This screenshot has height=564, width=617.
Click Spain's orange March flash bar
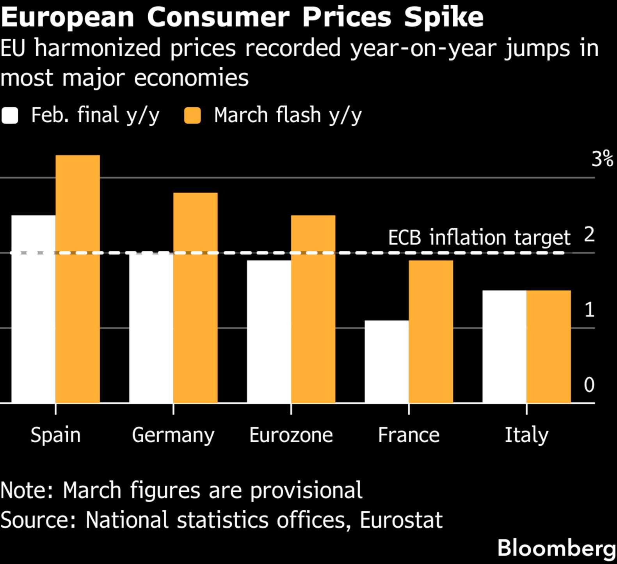point(78,279)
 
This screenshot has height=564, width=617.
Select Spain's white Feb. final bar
point(34,309)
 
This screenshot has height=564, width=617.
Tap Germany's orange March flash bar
point(196,297)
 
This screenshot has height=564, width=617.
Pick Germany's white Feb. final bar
point(151,328)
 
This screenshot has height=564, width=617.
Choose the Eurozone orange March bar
point(313,309)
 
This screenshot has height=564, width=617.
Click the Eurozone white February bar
point(269,331)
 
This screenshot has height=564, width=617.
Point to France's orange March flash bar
point(431,331)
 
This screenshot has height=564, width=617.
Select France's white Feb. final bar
point(387,361)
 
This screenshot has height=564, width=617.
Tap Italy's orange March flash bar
point(548,346)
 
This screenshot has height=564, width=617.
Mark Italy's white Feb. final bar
point(504,346)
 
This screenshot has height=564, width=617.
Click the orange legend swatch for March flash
point(192,116)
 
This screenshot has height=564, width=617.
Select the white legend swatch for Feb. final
point(10,116)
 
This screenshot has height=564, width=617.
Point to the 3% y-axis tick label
point(602,159)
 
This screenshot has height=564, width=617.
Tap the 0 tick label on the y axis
point(589,385)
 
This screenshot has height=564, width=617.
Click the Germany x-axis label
point(173,435)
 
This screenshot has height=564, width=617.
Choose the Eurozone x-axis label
point(291,435)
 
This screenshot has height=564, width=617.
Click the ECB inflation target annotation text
point(479,237)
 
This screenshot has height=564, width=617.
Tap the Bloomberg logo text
point(557,548)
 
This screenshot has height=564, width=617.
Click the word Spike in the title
point(444,18)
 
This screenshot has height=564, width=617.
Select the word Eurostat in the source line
point(401,520)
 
